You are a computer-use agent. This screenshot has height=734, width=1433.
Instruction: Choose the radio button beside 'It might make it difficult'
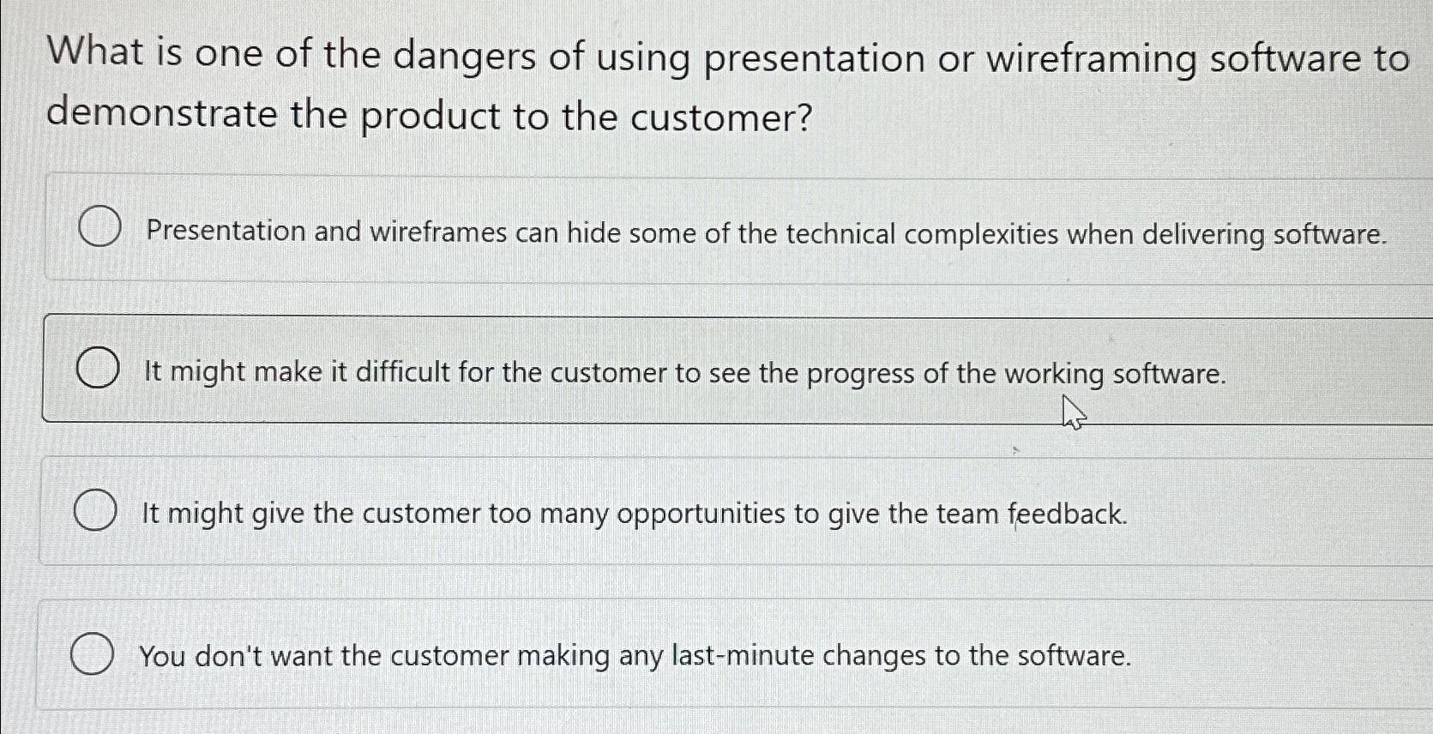tap(97, 369)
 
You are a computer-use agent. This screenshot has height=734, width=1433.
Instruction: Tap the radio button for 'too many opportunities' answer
tap(94, 511)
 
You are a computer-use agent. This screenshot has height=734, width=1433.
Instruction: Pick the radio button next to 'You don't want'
tap(92, 655)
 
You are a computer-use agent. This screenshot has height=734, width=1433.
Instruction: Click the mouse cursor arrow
tap(1072, 412)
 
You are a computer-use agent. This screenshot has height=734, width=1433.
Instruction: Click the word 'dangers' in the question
tap(464, 57)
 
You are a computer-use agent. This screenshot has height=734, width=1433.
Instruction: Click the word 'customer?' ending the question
tap(720, 117)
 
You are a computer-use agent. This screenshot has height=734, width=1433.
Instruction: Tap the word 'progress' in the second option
tap(860, 374)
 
